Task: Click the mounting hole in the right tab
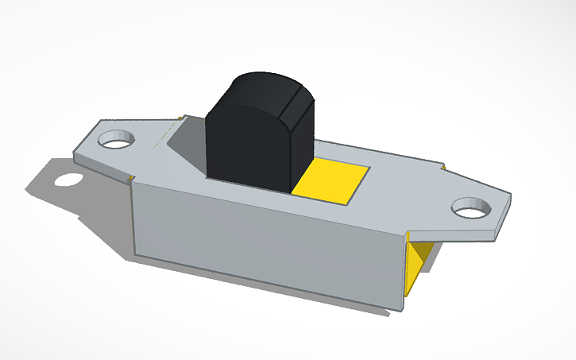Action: pos(470,208)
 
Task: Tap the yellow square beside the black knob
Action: pos(332,181)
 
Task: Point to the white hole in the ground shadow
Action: pos(68,179)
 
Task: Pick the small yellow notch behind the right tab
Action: pos(443,168)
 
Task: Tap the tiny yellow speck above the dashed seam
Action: pos(182,118)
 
